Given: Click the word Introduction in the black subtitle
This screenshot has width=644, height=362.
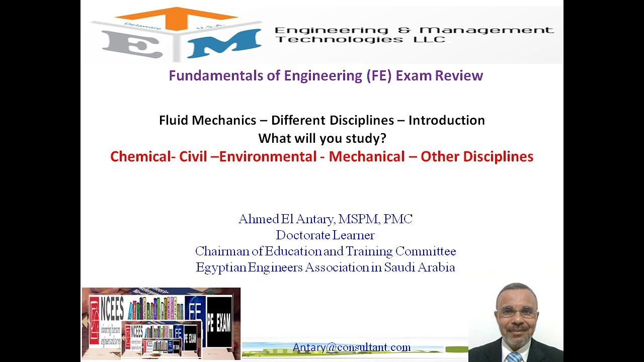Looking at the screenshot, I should point(446,121).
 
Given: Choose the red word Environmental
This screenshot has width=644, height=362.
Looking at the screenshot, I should point(271,156).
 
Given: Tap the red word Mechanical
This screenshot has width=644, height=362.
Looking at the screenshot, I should point(367,156).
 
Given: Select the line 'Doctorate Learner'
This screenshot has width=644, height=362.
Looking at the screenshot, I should point(325,235).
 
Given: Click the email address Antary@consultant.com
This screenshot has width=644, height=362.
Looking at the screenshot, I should point(352,347).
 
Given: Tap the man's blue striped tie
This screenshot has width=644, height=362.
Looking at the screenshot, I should point(514,357).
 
